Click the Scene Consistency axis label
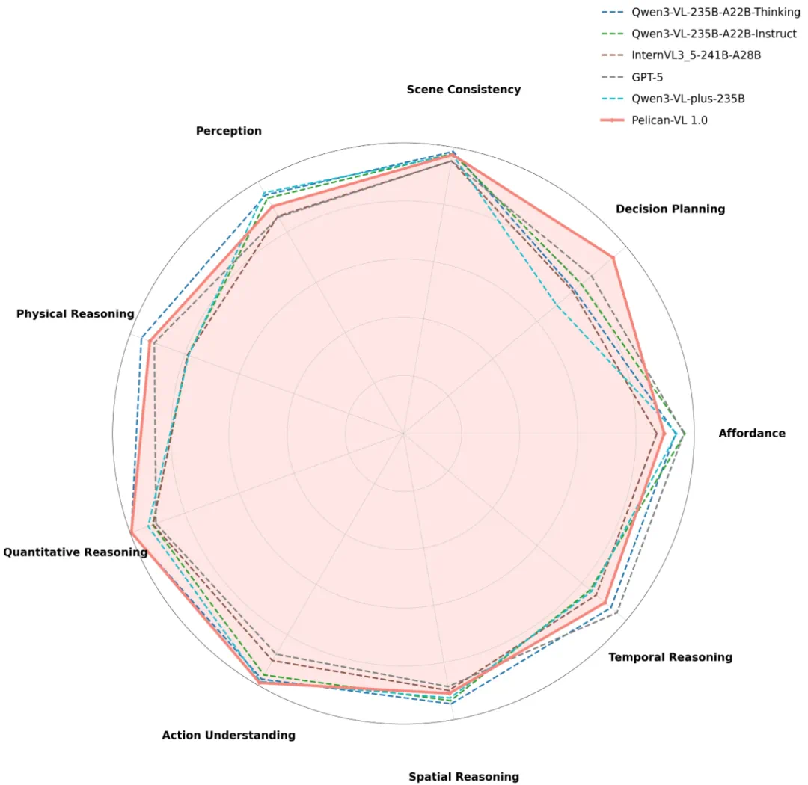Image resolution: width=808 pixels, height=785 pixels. point(463,90)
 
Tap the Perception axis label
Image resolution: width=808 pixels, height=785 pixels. point(228,132)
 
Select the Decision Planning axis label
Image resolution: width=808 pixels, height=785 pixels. point(670,209)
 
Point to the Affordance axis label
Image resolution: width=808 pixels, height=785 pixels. point(751,434)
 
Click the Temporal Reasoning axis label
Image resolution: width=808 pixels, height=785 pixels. point(670,658)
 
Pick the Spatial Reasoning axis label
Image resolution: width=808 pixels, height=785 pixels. point(463,777)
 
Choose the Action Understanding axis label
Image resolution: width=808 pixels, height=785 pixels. point(228,736)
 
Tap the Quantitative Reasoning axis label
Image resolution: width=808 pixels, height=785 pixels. point(75,552)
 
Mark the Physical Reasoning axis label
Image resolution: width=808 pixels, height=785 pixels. point(75,314)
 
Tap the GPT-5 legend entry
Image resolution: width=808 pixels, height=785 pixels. point(647,77)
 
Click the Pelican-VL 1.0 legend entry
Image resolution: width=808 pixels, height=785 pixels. point(670,120)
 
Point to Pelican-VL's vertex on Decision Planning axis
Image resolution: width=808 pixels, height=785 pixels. point(613,258)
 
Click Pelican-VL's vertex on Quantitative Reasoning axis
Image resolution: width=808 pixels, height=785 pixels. point(131,532)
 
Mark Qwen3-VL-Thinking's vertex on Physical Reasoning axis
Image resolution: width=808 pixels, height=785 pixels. point(141,339)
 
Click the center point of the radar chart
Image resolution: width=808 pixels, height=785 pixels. point(403,433)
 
